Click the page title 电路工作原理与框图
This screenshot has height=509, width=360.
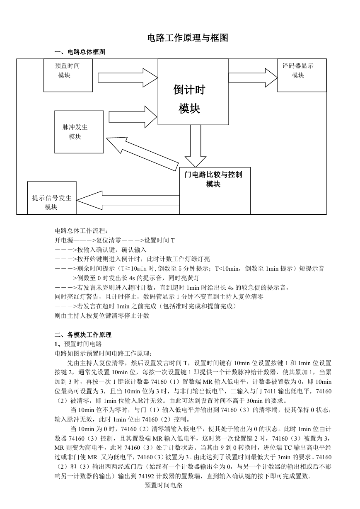click(x=188, y=38)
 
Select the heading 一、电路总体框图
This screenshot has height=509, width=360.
click(x=80, y=52)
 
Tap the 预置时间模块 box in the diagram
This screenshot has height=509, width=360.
click(x=68, y=75)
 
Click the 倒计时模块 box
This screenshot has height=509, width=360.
click(x=193, y=92)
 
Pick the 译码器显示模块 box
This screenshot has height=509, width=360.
click(x=302, y=75)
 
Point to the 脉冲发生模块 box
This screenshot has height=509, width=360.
click(x=79, y=132)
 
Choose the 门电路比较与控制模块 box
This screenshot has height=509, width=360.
click(x=215, y=191)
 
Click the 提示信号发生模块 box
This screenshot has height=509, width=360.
click(x=52, y=198)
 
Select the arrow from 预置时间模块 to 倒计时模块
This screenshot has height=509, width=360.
click(x=128, y=78)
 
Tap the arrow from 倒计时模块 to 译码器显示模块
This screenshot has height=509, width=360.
click(x=253, y=78)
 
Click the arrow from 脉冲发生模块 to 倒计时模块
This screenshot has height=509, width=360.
click(x=133, y=117)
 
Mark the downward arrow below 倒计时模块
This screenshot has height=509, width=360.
click(x=196, y=146)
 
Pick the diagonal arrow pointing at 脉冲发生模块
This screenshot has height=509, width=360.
click(x=143, y=154)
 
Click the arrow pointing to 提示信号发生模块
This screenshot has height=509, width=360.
click(x=128, y=200)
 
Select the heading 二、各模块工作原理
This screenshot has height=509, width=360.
click(x=83, y=335)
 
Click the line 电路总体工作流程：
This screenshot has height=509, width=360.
click(x=81, y=231)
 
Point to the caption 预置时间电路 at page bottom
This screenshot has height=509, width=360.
click(x=164, y=485)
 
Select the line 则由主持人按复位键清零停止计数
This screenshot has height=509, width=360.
click(x=102, y=315)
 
